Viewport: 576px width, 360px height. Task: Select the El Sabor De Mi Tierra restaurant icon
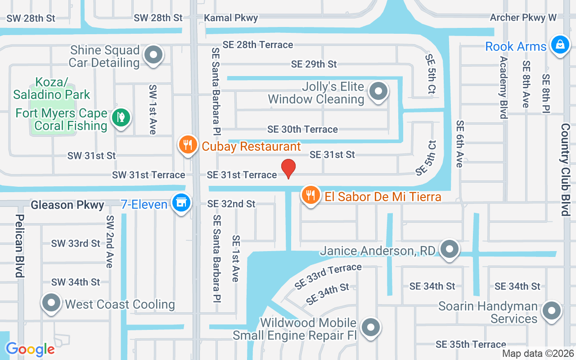pyautogui.click(x=310, y=195)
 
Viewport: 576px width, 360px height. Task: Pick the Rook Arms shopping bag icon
pyautogui.click(x=560, y=45)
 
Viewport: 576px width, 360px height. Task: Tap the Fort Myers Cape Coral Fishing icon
pyautogui.click(x=121, y=118)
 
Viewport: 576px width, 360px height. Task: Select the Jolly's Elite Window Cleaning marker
pyautogui.click(x=378, y=92)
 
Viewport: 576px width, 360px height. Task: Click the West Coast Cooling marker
pyautogui.click(x=51, y=303)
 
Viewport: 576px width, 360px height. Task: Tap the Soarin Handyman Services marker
pyautogui.click(x=551, y=311)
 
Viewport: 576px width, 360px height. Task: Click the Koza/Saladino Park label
pyautogui.click(x=51, y=89)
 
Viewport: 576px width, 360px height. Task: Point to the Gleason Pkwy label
pyautogui.click(x=67, y=205)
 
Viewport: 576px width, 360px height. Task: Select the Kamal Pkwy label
pyautogui.click(x=231, y=18)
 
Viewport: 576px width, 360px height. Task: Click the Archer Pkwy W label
pyautogui.click(x=523, y=18)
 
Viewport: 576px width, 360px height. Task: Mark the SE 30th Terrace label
pyautogui.click(x=302, y=130)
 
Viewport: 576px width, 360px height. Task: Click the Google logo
pyautogui.click(x=30, y=349)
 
